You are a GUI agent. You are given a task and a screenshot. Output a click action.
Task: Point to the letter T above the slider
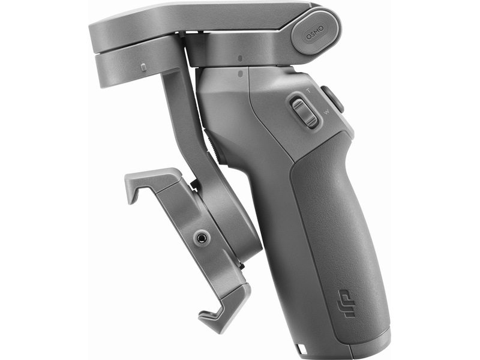point(308,91)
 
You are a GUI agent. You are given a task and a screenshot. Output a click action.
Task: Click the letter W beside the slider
point(327,112)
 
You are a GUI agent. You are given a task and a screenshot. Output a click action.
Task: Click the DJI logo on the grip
point(346,303)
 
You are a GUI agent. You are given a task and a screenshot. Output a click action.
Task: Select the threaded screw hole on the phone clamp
point(202,237)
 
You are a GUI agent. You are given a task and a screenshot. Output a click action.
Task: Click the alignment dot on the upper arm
point(240,58)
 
